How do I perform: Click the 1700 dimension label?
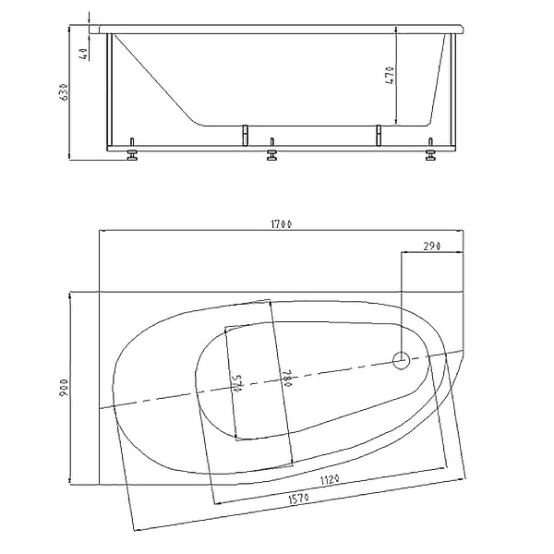pos(282,224)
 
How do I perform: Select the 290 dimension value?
pos(431,246)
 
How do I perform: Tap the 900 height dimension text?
pos(65,388)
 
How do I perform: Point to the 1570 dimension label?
pos(299,499)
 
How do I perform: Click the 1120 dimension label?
pos(330,480)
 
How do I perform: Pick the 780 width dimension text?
pos(287,379)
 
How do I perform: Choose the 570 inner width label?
pos(237,383)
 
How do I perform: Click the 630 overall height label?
pos(64,92)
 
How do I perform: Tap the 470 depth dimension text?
pos(390,76)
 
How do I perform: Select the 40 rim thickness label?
pos(84,54)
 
